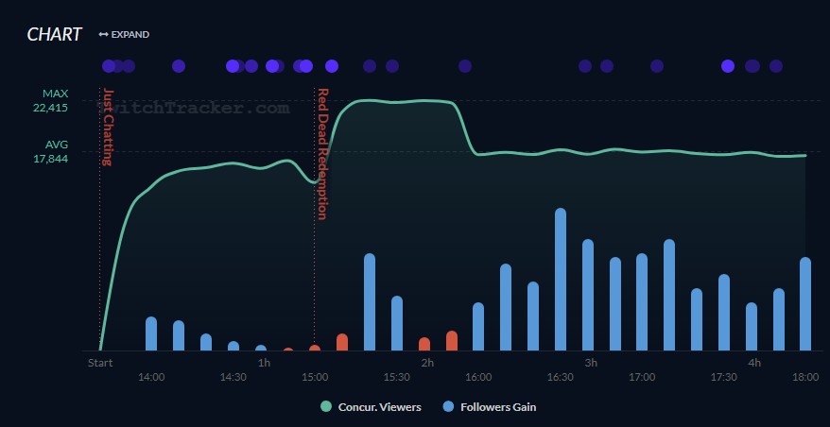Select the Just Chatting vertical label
click(x=107, y=127)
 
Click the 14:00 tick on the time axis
click(x=151, y=377)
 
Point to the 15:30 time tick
click(x=397, y=377)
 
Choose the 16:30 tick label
click(x=561, y=377)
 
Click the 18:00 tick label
click(x=805, y=377)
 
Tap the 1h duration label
click(x=264, y=363)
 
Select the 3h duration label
click(x=591, y=363)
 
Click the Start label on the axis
click(x=100, y=363)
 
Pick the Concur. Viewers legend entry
click(x=371, y=407)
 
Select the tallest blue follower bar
click(x=561, y=280)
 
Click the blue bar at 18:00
click(x=805, y=304)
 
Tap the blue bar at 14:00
click(x=151, y=333)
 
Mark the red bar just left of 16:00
click(x=452, y=341)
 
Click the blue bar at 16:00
click(x=478, y=327)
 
